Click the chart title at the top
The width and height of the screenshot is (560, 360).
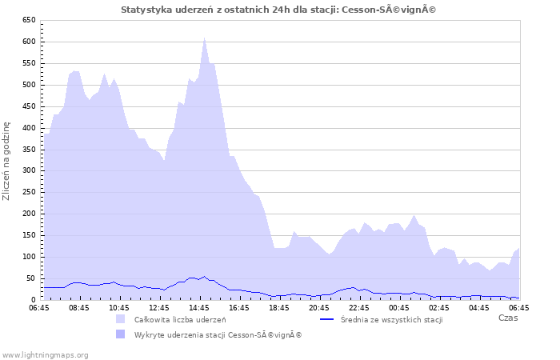(279, 10)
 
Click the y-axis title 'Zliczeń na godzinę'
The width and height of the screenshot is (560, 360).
(7, 160)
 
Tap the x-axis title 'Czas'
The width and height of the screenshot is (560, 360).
(507, 318)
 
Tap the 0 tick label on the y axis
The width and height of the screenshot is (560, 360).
(33, 299)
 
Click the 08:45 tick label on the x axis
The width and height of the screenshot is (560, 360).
(79, 307)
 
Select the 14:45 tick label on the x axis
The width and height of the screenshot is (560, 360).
(199, 307)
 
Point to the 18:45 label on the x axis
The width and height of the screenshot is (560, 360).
(279, 307)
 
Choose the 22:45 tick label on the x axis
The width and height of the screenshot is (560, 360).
(359, 307)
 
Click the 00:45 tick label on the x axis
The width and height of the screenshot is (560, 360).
(399, 307)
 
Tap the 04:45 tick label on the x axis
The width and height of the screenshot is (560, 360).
(479, 307)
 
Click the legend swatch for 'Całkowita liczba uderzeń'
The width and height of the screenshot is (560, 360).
(121, 319)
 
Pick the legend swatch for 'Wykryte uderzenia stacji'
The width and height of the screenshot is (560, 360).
(121, 334)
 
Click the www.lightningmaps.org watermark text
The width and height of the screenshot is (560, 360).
(45, 354)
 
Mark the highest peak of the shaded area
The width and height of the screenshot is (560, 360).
(204, 37)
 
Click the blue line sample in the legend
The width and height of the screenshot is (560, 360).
(326, 319)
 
